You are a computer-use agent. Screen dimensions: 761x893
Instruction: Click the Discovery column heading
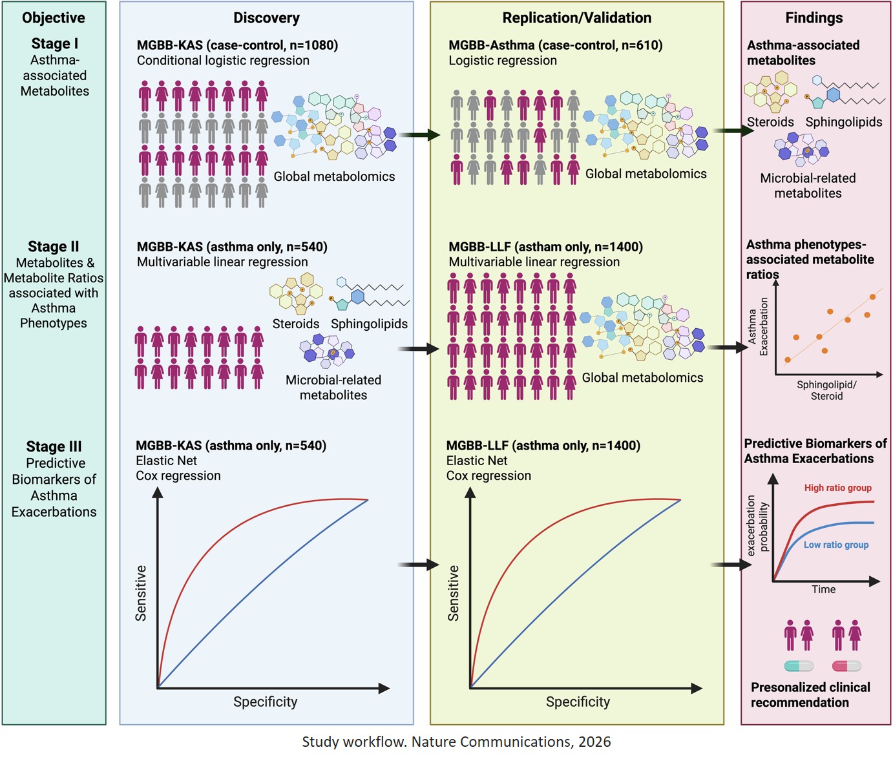pos(266,18)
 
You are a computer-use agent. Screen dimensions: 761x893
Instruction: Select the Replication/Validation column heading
pos(576,18)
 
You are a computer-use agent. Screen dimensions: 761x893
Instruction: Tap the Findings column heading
pos(814,18)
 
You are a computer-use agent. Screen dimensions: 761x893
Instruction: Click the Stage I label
pos(54,44)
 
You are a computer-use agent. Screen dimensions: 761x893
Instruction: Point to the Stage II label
pos(54,247)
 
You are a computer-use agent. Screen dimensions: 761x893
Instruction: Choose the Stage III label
pos(54,447)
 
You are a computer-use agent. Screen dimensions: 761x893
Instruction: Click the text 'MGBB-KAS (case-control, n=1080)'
pos(237,45)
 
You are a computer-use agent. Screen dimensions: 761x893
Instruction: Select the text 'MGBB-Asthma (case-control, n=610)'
pos(555,45)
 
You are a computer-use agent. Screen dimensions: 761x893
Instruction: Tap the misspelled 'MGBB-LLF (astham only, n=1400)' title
pos(545,247)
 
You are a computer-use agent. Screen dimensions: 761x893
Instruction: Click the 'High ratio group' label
pos(837,488)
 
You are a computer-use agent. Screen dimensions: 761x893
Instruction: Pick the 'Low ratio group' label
pos(835,545)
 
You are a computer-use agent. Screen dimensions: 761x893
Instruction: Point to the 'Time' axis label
pos(823,589)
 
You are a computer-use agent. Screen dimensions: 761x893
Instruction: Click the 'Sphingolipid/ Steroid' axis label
pos(826,390)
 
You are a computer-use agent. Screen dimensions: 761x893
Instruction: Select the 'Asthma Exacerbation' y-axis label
pos(758,326)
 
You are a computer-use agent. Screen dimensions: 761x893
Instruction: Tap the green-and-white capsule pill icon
pos(799,666)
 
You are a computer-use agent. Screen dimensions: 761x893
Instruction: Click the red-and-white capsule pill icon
pos(846,666)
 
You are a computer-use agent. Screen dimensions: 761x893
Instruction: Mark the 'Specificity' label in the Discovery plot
pos(265,702)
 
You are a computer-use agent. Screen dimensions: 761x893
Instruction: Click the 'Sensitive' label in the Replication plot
pos(454,593)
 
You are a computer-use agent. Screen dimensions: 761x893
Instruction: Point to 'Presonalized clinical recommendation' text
pos(810,695)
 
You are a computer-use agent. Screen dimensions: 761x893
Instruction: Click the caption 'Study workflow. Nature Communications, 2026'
pos(456,742)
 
